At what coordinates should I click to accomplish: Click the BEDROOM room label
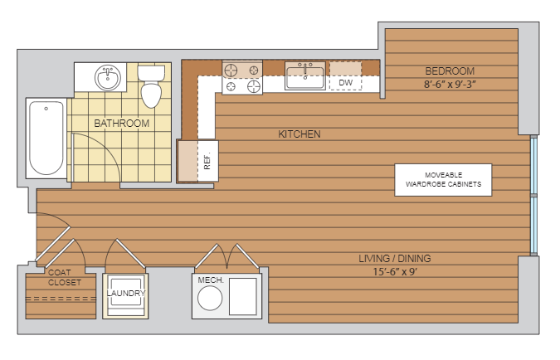pyautogui.click(x=450, y=71)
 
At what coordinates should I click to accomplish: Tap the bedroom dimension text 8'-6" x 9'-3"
pyautogui.click(x=450, y=85)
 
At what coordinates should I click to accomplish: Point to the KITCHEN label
pyautogui.click(x=299, y=134)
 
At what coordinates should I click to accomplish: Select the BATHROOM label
pyautogui.click(x=121, y=124)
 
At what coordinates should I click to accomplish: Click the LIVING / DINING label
pyautogui.click(x=395, y=258)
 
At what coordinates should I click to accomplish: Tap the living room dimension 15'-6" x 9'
pyautogui.click(x=395, y=272)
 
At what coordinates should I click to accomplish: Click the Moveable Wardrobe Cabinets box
pyautogui.click(x=443, y=180)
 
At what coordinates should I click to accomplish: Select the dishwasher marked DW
pyautogui.click(x=345, y=76)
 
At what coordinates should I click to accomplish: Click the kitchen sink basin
pyautogui.click(x=305, y=78)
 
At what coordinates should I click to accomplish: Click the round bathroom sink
pyautogui.click(x=108, y=77)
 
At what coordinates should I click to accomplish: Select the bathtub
pyautogui.click(x=46, y=138)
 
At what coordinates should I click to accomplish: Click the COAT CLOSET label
pyautogui.click(x=64, y=278)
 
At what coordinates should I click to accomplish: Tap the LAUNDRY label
pyautogui.click(x=126, y=293)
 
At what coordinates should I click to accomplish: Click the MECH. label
pyautogui.click(x=211, y=280)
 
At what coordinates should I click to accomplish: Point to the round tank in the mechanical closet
pyautogui.click(x=210, y=299)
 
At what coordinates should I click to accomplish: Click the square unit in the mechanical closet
pyautogui.click(x=243, y=296)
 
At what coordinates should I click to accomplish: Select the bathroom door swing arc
pyautogui.click(x=106, y=147)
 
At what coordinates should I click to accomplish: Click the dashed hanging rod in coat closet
pyautogui.click(x=61, y=299)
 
